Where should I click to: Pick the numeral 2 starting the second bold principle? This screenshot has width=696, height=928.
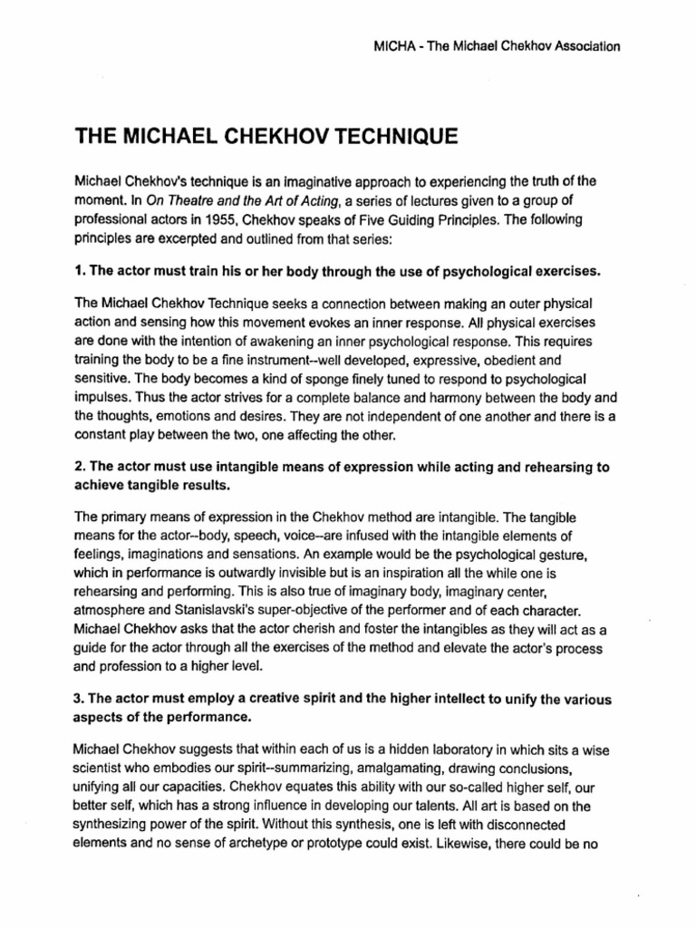(x=78, y=468)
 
